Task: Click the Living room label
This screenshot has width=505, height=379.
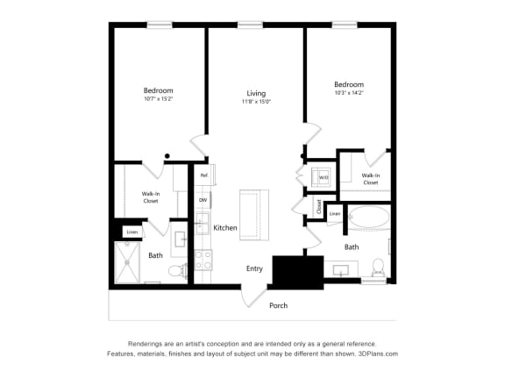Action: [x=256, y=93]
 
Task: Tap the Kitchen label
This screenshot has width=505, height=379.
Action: [x=225, y=228]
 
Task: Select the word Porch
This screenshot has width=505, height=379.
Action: [x=278, y=305]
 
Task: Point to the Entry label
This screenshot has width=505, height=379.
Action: [x=254, y=268]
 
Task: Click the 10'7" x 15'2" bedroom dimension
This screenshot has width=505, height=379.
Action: [x=158, y=100]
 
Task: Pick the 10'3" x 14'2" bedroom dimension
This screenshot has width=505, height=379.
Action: [x=349, y=92]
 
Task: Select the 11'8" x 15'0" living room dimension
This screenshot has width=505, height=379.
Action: [x=256, y=102]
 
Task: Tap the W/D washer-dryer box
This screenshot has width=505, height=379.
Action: [x=323, y=177]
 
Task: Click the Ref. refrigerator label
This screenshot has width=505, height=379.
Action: [x=203, y=176]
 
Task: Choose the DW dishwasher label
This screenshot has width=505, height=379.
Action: [x=203, y=200]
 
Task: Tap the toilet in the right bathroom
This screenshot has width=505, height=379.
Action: [x=378, y=267]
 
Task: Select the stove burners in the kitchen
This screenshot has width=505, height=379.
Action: [x=203, y=260]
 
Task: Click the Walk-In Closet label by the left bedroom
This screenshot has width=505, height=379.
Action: [x=151, y=197]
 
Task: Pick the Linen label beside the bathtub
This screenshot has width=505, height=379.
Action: [x=335, y=213]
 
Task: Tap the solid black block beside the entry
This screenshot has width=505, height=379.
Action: [x=298, y=272]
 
